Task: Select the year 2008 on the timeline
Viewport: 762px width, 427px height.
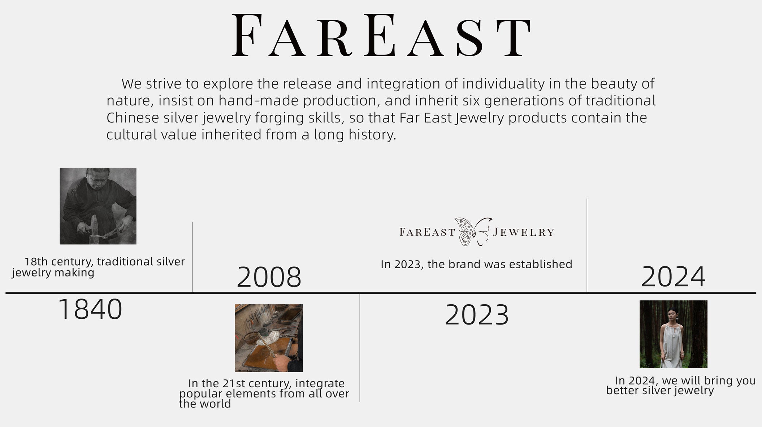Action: (269, 277)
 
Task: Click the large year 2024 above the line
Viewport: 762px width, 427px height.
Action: (673, 277)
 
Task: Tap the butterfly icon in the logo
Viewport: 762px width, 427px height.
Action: (473, 232)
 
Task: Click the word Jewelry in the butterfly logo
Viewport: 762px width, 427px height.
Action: (523, 232)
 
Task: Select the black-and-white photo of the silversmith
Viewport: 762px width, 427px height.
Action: (98, 206)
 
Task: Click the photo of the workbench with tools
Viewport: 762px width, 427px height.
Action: (269, 338)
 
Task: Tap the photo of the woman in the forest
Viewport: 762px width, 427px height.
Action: (674, 334)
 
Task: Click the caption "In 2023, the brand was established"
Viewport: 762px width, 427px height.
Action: (476, 264)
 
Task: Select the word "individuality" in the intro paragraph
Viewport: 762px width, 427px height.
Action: (503, 84)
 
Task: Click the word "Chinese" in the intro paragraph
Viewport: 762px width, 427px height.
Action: (133, 118)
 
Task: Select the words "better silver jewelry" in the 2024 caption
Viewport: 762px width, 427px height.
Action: (660, 391)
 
